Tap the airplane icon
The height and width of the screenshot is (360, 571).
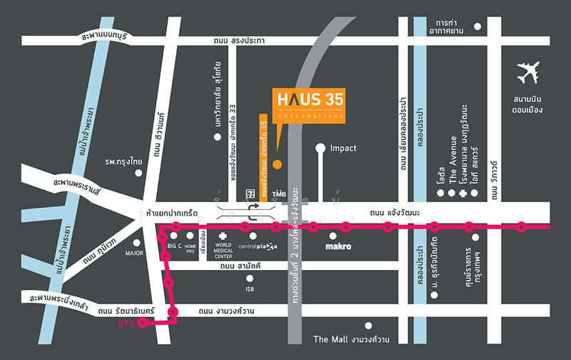[x=529, y=74]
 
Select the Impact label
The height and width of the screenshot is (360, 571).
[x=343, y=149]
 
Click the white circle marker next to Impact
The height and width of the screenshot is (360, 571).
[x=320, y=149]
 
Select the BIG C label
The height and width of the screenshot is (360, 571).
[x=174, y=246]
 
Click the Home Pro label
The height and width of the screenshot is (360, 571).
[x=191, y=248]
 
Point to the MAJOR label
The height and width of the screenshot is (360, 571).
[x=134, y=252]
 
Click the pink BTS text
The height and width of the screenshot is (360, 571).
[x=126, y=324]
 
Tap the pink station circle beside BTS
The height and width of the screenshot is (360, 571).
[x=143, y=323]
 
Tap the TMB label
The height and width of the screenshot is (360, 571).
[x=278, y=194]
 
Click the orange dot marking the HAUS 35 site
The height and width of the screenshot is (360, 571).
[x=277, y=164]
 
